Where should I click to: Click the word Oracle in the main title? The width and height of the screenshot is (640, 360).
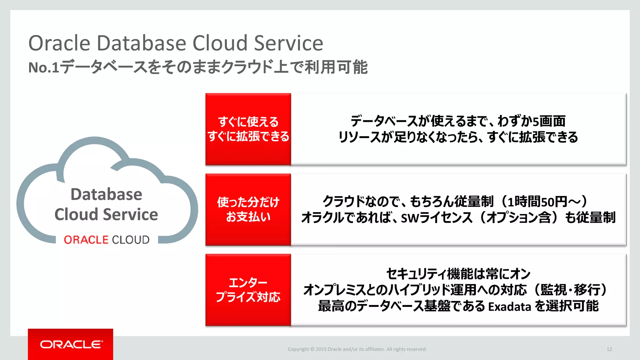click(x=59, y=43)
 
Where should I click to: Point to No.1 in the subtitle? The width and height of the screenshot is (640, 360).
click(x=43, y=67)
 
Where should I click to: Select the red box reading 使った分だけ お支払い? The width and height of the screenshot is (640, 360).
click(x=248, y=210)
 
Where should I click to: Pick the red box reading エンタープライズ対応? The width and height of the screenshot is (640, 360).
click(x=248, y=290)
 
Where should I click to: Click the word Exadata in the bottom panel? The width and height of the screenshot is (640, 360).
click(x=509, y=307)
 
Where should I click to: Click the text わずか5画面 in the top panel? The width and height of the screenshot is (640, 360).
click(x=532, y=121)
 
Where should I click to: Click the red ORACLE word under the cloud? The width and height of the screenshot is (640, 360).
click(x=86, y=240)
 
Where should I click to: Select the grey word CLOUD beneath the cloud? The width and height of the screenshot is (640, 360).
click(x=131, y=240)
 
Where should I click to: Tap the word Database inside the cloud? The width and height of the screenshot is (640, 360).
click(x=106, y=194)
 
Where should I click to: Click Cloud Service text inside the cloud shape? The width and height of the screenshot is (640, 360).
click(x=106, y=214)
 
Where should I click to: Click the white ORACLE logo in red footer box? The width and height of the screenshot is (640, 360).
click(x=71, y=344)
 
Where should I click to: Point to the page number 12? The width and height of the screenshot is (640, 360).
click(x=609, y=349)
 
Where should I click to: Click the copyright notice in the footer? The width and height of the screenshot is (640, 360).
click(x=357, y=349)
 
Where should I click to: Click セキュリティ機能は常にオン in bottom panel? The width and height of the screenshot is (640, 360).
click(x=458, y=274)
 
